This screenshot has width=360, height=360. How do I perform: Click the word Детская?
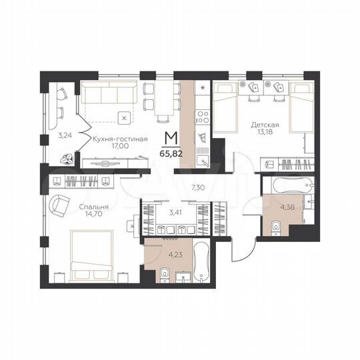point(265,125)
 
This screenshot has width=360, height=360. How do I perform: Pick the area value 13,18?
point(265,133)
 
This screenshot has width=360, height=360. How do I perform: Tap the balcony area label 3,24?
point(64,135)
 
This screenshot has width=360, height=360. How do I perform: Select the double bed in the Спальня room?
point(96,254)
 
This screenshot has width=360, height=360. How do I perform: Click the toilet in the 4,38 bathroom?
point(276,231)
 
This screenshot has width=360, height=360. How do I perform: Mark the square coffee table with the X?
point(124,118)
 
